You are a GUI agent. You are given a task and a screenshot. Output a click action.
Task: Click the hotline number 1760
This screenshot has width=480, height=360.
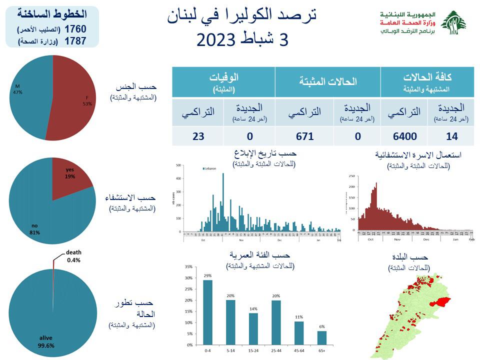(72, 29)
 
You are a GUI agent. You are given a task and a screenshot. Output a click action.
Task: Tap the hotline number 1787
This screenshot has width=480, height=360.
(72, 41)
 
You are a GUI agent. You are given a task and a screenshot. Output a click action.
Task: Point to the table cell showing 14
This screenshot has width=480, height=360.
(451, 135)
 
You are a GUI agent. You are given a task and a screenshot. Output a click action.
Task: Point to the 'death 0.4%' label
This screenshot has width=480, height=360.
(74, 256)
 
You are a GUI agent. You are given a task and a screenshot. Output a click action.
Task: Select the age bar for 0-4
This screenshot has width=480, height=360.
(207, 312)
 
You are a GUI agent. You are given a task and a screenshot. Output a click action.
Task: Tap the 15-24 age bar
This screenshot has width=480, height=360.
(253, 329)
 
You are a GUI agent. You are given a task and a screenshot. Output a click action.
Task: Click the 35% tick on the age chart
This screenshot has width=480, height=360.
(188, 266)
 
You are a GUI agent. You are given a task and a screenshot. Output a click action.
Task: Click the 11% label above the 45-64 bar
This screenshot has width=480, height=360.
(299, 317)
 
